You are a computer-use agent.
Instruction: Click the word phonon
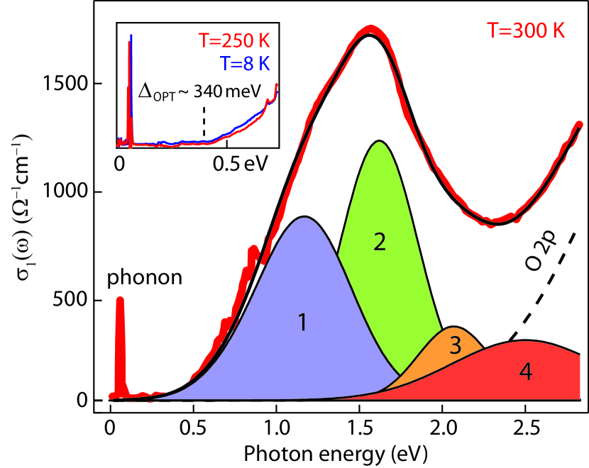point(145,278)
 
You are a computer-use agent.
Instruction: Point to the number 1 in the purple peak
point(302,323)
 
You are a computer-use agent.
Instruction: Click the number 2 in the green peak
point(380,242)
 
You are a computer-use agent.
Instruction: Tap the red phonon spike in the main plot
point(120,340)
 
